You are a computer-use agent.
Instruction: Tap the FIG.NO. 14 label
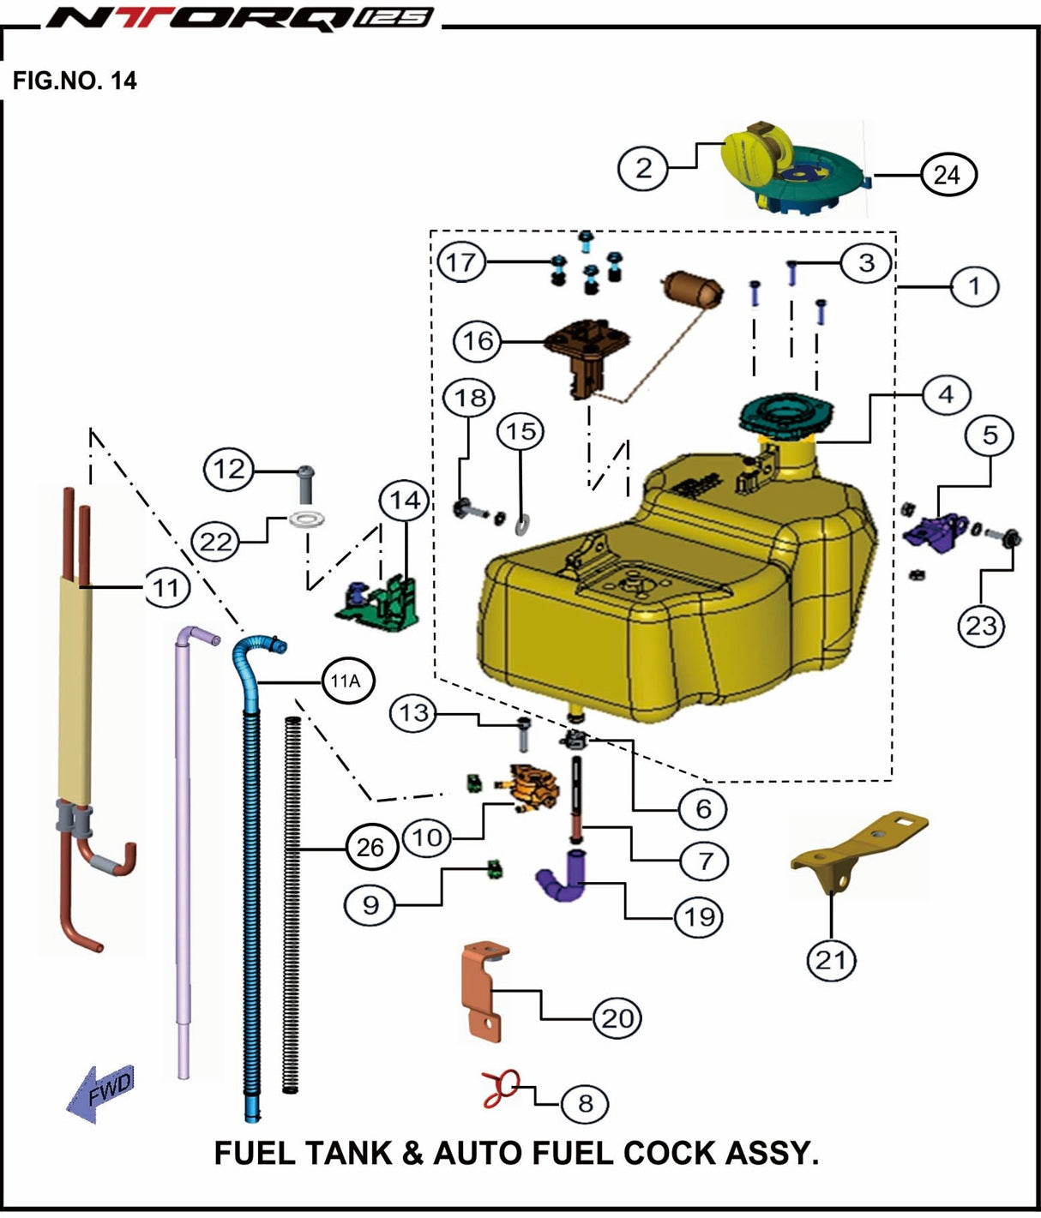pyautogui.click(x=75, y=81)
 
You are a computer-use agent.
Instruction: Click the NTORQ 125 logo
pyautogui.click(x=238, y=17)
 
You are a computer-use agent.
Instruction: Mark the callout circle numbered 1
pyautogui.click(x=974, y=285)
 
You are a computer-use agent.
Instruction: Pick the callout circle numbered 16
pyautogui.click(x=478, y=340)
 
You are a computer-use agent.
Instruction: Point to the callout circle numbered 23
pyautogui.click(x=981, y=626)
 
